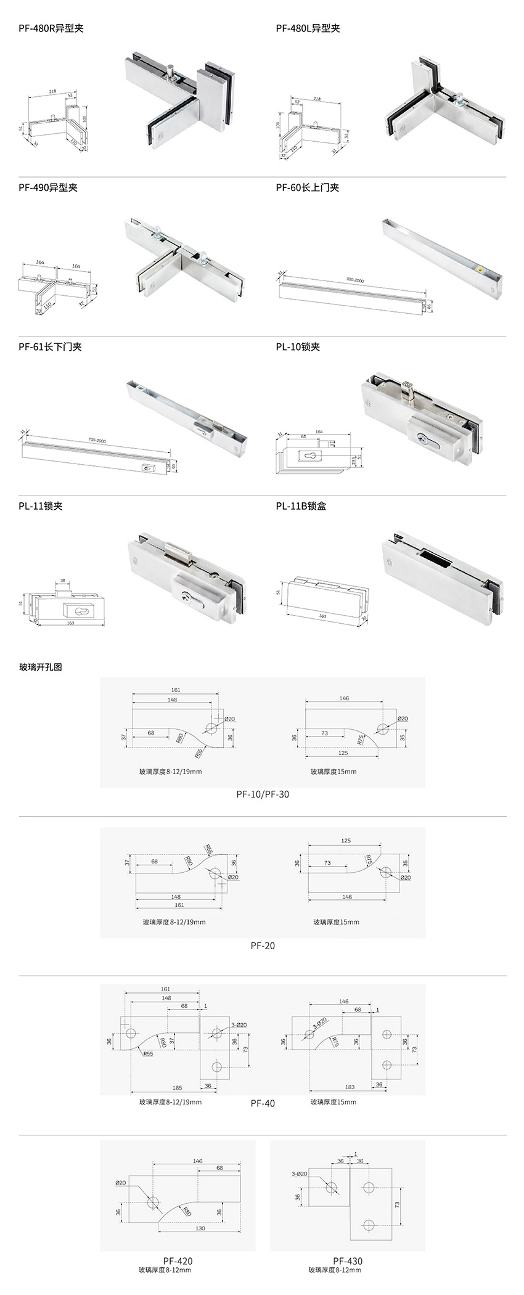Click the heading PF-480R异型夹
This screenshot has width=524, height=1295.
click(51, 28)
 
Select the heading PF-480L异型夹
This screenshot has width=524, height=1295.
click(308, 28)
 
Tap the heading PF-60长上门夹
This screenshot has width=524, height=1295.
click(307, 187)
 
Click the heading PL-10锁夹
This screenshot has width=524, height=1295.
click(298, 347)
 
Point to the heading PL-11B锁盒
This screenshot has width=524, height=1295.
click(301, 506)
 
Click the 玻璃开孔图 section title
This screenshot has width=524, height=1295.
click(41, 667)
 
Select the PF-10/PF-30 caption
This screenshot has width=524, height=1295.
click(263, 795)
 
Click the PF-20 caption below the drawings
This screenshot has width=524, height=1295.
click(263, 946)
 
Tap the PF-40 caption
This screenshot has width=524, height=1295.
click(263, 1103)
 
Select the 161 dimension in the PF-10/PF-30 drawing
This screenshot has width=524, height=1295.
click(176, 690)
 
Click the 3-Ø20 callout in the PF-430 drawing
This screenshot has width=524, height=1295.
click(300, 1174)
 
